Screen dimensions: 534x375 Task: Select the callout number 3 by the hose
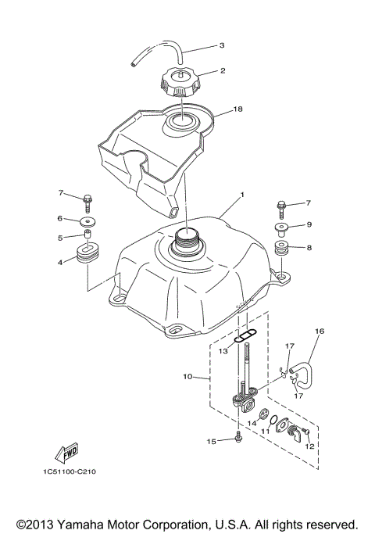click(221, 45)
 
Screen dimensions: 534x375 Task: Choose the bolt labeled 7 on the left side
click(89, 198)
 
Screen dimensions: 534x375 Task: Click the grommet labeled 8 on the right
click(282, 251)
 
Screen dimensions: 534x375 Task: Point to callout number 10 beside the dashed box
click(187, 377)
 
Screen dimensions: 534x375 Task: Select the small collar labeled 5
click(88, 235)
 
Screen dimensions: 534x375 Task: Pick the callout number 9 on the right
click(309, 225)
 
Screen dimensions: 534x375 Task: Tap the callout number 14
click(252, 423)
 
